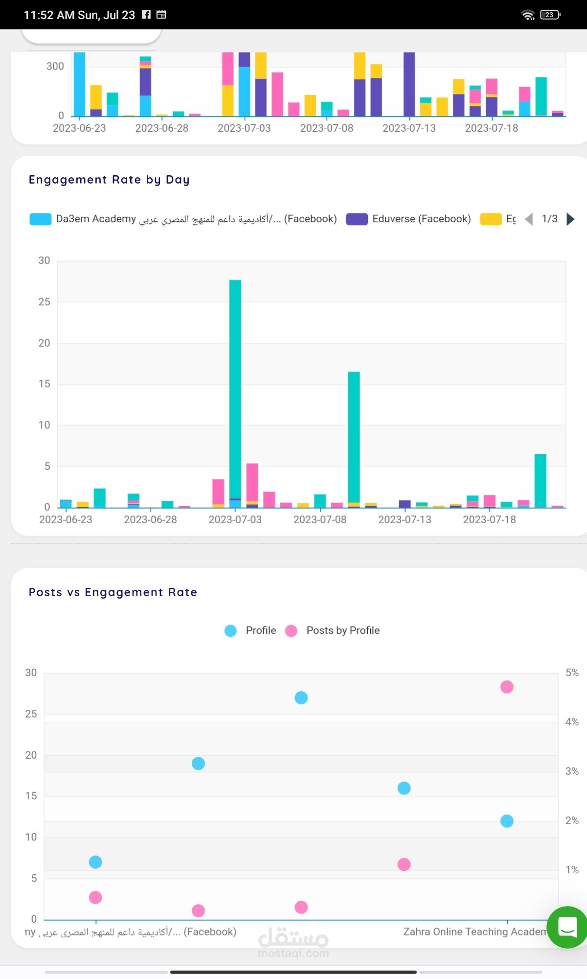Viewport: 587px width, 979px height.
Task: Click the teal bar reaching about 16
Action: (x=354, y=436)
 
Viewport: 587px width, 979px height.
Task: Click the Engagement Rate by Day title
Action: (x=109, y=180)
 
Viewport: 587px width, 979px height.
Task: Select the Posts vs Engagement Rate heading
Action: (x=113, y=592)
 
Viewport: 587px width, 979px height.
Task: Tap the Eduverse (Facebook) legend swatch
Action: (x=357, y=219)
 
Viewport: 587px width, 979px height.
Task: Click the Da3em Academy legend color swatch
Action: (x=40, y=219)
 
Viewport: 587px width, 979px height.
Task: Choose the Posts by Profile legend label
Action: (x=343, y=630)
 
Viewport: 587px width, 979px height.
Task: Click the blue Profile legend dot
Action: (x=230, y=630)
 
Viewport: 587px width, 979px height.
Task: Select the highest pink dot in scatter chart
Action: (x=507, y=687)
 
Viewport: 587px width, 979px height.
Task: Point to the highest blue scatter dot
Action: (x=301, y=698)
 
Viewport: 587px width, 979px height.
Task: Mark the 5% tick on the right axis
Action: (x=572, y=673)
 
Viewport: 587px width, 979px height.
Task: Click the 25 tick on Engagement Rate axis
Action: (x=44, y=302)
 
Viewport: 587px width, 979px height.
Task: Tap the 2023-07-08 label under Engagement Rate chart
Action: (x=320, y=519)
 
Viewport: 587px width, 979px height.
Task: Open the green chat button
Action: (x=567, y=927)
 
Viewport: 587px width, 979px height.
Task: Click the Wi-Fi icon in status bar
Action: (x=528, y=15)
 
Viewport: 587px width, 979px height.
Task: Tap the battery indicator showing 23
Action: (x=550, y=15)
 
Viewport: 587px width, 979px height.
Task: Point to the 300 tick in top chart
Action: (x=55, y=66)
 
